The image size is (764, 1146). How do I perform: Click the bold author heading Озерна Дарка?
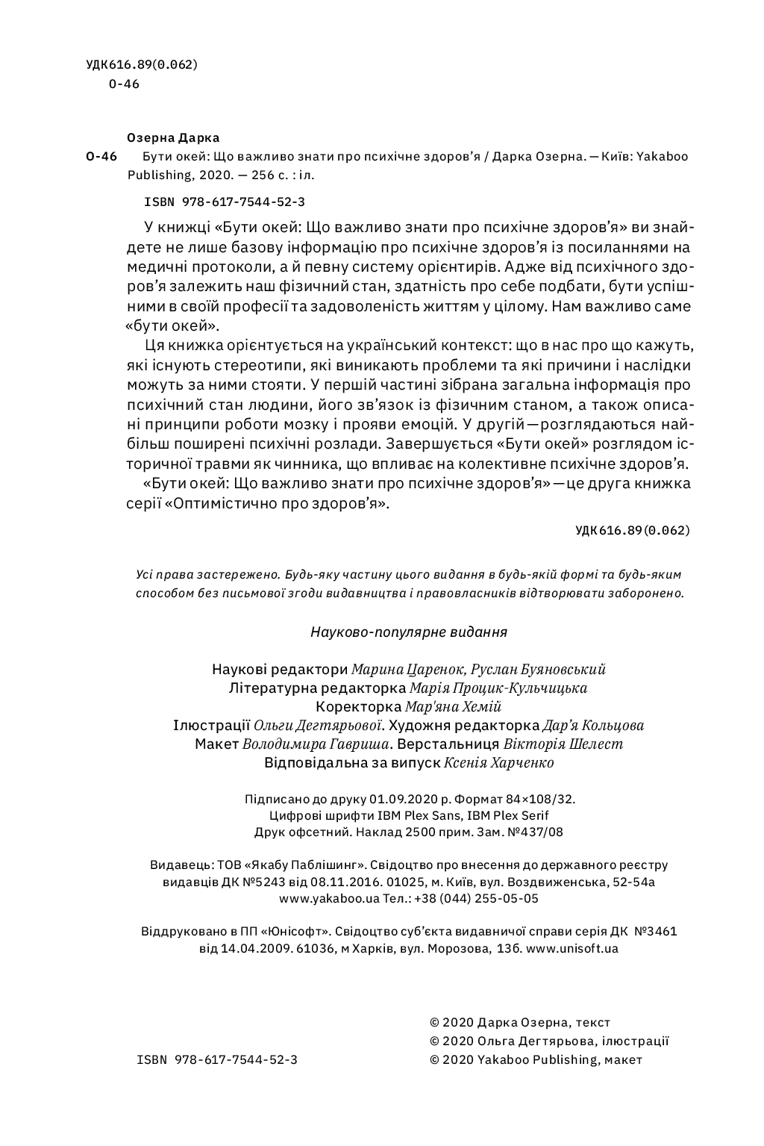(173, 137)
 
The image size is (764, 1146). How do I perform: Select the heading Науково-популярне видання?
(408, 632)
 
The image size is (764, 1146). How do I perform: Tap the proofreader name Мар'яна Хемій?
(453, 707)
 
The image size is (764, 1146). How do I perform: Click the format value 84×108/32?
(540, 799)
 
